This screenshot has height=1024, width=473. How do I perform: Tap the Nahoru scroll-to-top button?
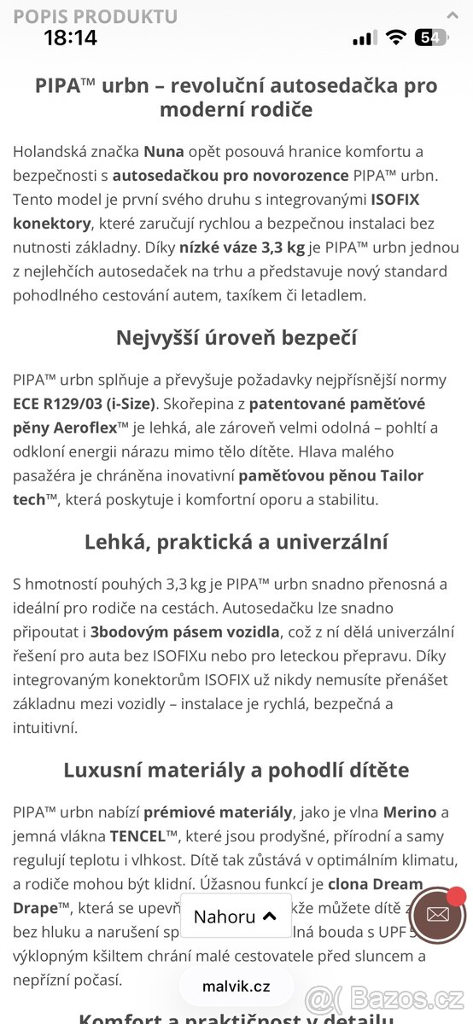(236, 916)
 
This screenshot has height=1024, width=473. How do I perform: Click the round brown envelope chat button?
(437, 915)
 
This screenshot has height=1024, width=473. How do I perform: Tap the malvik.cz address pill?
(236, 986)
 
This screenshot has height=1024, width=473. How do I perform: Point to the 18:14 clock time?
(70, 38)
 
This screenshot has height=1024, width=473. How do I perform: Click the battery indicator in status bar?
(429, 38)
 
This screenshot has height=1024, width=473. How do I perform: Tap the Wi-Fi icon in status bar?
(394, 38)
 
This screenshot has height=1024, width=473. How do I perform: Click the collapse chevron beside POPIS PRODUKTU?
(453, 15)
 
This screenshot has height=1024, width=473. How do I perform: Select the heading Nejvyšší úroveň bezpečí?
(236, 337)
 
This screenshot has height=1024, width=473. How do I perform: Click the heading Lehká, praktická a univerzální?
(236, 542)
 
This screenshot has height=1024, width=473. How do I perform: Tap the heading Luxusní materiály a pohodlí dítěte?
(236, 770)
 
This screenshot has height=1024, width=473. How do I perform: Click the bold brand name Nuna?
(163, 152)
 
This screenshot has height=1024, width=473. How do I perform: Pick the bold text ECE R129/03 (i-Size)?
(83, 404)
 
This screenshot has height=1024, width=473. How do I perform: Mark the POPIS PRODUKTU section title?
(96, 16)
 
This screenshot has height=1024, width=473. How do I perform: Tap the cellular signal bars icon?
(365, 38)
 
